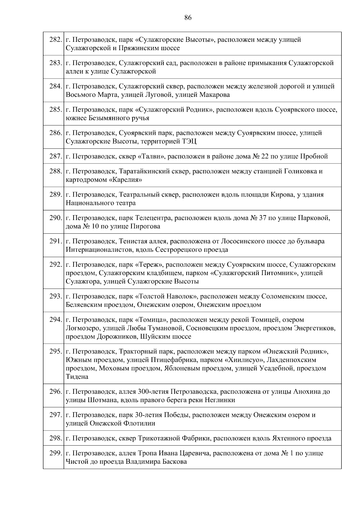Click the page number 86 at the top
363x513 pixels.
point(188,18)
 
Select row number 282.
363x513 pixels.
point(55,40)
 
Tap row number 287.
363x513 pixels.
point(55,156)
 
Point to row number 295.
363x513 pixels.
point(55,352)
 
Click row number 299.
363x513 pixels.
point(55,453)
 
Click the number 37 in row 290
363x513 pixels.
point(262,218)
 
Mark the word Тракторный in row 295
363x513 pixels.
point(138,352)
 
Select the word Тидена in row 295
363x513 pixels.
point(77,377)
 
